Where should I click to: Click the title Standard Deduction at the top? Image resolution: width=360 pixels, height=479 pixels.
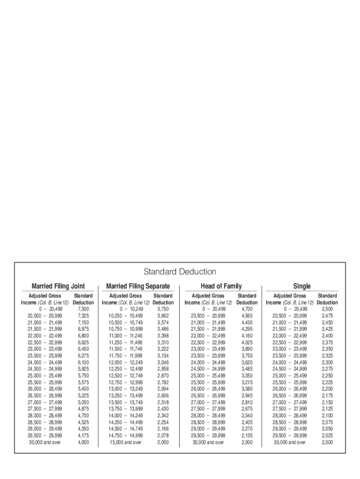180,272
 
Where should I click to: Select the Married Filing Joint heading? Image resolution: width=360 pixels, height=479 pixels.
58,286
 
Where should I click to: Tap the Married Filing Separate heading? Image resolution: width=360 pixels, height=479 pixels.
138,286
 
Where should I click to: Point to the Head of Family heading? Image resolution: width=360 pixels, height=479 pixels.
221,286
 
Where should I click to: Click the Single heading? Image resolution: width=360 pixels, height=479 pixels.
302,286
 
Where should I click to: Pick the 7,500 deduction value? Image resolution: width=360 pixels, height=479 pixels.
83,309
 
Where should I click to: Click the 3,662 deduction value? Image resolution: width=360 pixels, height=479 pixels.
163,316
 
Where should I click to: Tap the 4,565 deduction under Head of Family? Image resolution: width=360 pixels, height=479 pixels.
247,316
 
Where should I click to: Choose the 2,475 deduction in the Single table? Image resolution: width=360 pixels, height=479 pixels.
327,316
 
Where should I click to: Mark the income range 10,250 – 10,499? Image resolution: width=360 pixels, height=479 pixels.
125,316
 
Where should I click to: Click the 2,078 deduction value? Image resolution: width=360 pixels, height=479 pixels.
163,435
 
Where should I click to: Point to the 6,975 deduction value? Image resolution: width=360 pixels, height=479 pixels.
83,329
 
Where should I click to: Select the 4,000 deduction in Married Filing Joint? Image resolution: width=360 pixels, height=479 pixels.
83,442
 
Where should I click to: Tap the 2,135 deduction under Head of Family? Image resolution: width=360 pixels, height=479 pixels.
247,435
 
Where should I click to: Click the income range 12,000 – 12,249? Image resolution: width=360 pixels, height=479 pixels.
125,363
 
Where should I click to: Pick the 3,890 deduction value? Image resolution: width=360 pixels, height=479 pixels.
247,349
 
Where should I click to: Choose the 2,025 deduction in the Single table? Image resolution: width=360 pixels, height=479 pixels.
327,435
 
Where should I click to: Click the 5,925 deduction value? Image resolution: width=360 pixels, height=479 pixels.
83,369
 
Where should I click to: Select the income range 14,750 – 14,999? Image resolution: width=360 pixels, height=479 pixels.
125,435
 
